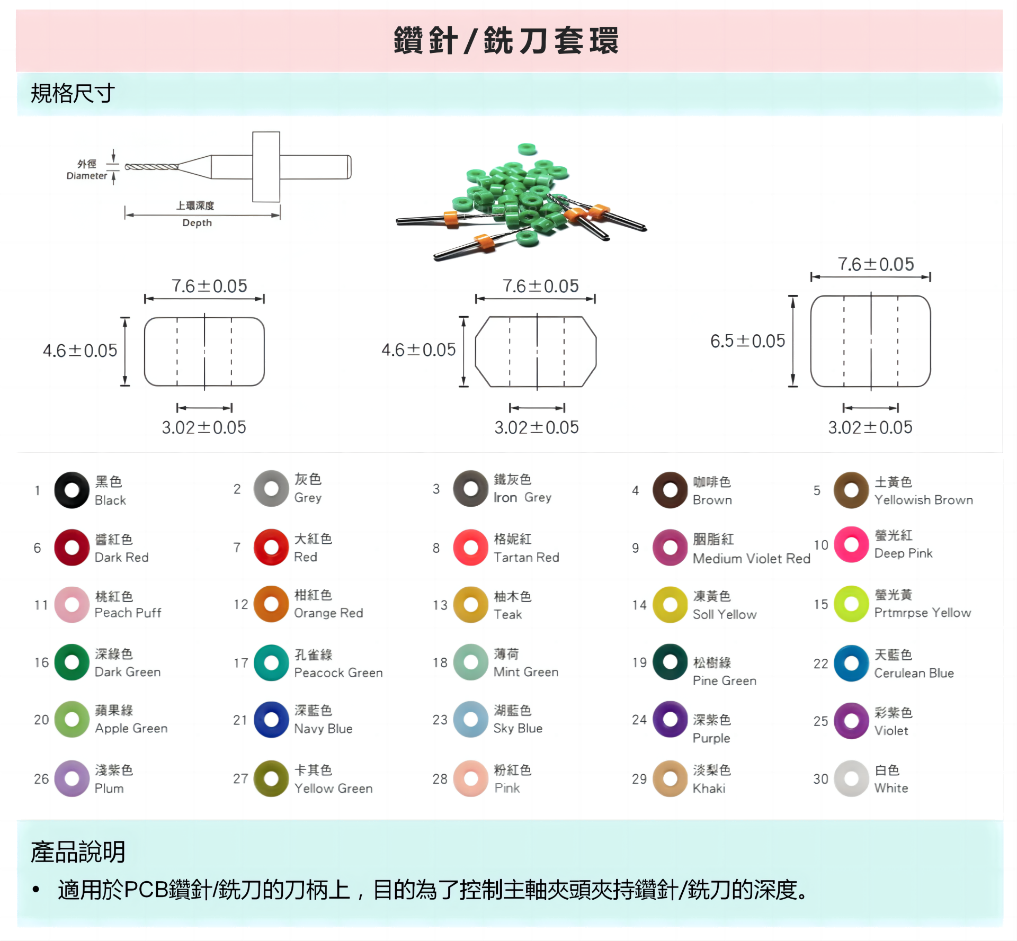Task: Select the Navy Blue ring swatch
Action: (263, 720)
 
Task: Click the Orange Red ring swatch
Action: (263, 604)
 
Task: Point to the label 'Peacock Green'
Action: (338, 673)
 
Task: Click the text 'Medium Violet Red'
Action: (752, 558)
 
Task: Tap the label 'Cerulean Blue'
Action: (914, 673)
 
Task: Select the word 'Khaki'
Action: (709, 788)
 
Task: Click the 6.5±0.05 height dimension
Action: (747, 341)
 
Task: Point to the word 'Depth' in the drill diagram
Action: (197, 223)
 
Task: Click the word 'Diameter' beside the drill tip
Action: (87, 176)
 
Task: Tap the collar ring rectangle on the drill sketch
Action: (266, 167)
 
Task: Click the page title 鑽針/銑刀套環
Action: (506, 40)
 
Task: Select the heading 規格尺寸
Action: (73, 93)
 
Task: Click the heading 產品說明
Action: (78, 852)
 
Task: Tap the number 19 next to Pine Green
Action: (639, 662)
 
